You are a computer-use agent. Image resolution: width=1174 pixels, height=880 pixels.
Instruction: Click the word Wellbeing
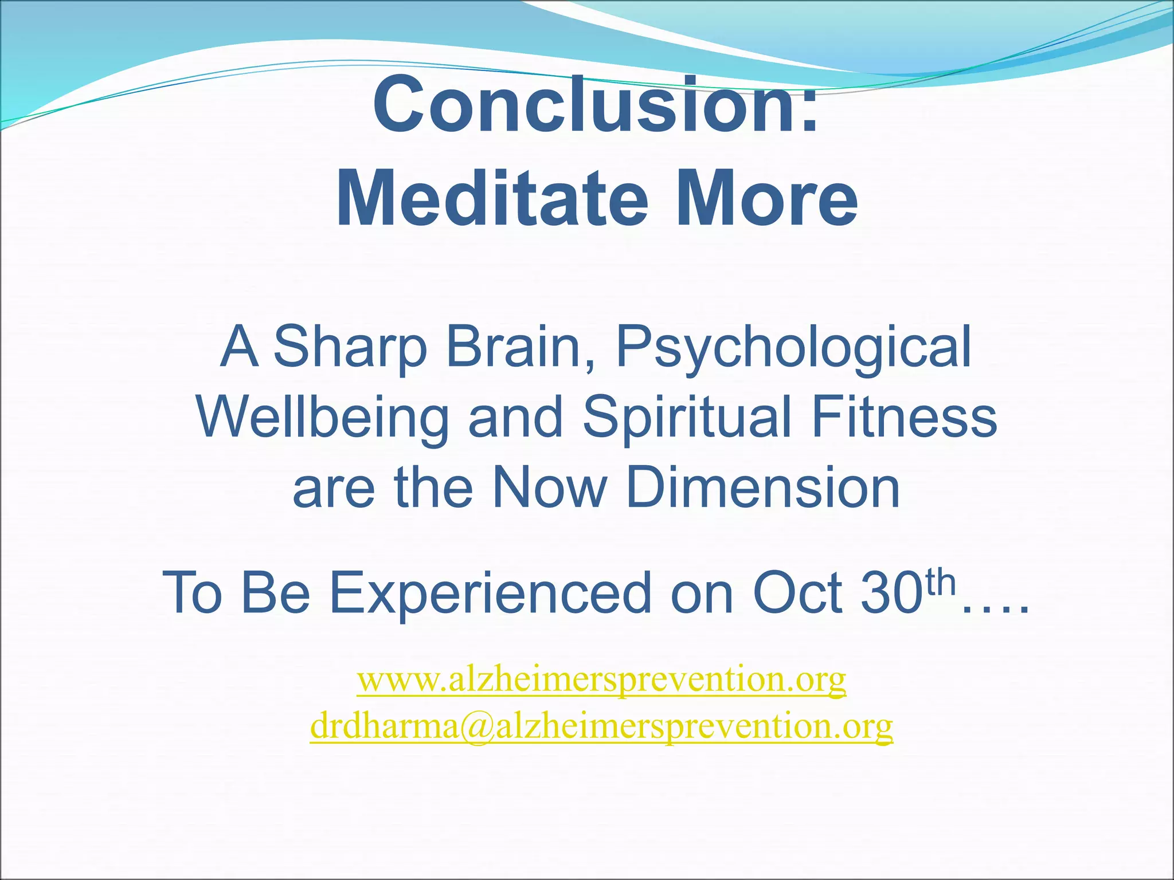coord(322,419)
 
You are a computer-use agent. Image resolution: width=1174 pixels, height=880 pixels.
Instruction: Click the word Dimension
coord(763,488)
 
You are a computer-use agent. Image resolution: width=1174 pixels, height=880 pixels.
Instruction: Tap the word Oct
coord(797,594)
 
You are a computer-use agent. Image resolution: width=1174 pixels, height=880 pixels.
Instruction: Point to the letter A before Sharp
coord(238,347)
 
